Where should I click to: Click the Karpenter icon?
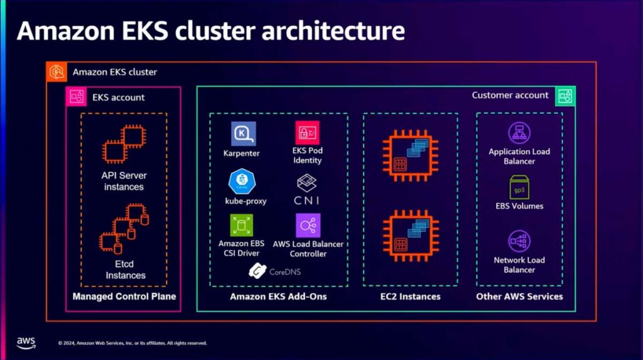click(x=243, y=133)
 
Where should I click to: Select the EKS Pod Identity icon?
click(x=307, y=133)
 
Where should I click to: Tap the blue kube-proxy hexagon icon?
click(x=242, y=181)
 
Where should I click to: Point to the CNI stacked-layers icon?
click(x=306, y=183)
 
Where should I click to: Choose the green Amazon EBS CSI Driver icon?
click(x=242, y=225)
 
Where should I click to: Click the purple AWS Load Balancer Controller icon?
click(x=308, y=226)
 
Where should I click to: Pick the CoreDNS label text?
click(x=285, y=272)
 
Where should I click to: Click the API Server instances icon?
click(x=124, y=144)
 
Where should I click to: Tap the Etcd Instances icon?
click(x=124, y=229)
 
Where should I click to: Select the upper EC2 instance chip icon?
click(x=410, y=156)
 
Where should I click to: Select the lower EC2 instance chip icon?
click(x=411, y=236)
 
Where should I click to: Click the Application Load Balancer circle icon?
click(x=519, y=133)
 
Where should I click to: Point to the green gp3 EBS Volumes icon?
click(x=519, y=187)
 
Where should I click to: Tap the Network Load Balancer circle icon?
click(x=519, y=241)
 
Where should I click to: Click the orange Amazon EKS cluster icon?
click(x=57, y=72)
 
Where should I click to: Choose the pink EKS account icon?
click(x=76, y=97)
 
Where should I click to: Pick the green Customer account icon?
click(x=565, y=97)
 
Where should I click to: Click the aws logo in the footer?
click(x=26, y=343)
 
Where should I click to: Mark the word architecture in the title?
click(x=333, y=31)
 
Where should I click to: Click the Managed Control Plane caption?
click(x=124, y=297)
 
